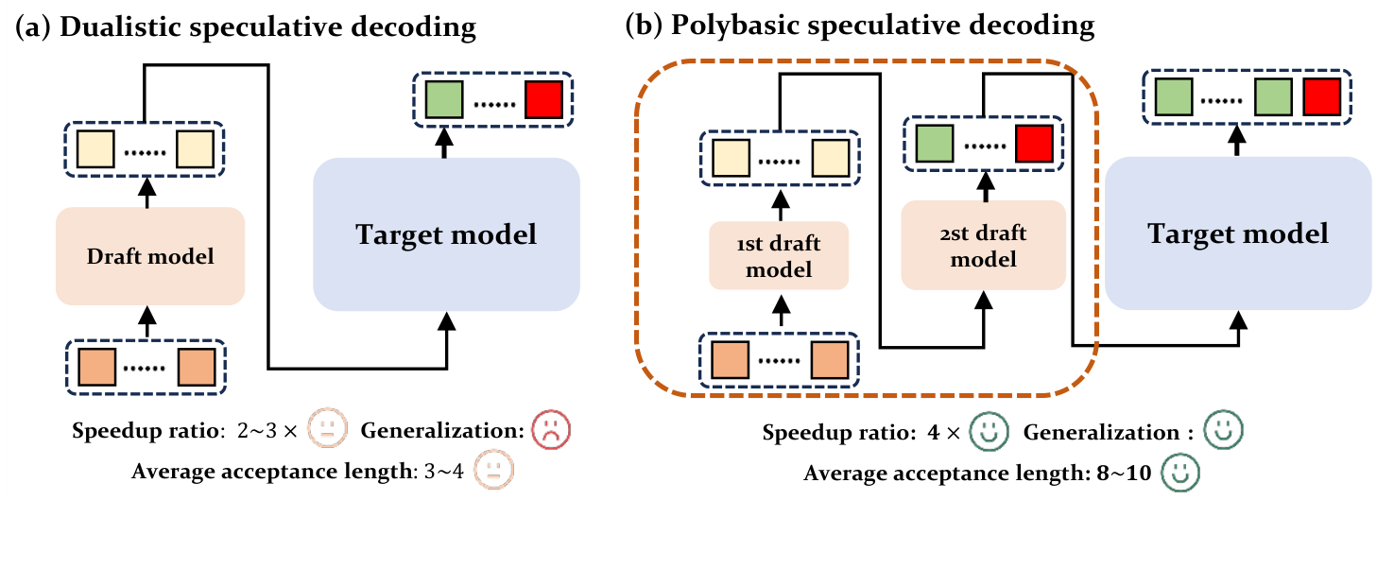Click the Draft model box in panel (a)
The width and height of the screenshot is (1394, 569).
click(150, 256)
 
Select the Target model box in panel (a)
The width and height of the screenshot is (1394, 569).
click(446, 233)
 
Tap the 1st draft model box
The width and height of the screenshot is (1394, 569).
click(781, 257)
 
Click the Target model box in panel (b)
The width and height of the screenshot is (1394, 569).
click(1238, 233)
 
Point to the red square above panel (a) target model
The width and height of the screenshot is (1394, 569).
click(544, 100)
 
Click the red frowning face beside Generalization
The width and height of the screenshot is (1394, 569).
click(550, 430)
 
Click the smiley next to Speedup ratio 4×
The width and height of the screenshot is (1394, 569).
click(989, 433)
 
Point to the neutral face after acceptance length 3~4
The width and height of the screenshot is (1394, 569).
click(492, 470)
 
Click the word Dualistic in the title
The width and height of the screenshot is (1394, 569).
click(112, 27)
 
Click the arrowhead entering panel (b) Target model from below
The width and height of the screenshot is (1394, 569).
click(1238, 319)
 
